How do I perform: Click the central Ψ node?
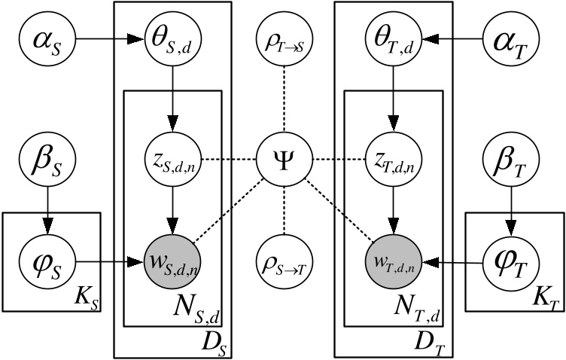coord(284,160)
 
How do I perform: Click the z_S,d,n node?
coord(172,160)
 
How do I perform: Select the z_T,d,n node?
coord(392,160)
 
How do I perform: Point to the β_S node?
coord(49,160)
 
